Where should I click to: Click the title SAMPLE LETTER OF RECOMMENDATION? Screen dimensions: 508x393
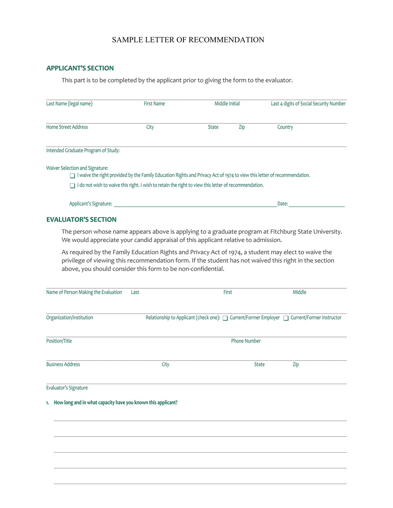coord(188,40)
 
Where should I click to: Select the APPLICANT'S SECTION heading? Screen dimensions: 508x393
coord(80,68)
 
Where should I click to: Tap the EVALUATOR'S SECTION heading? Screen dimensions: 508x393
coord(81,219)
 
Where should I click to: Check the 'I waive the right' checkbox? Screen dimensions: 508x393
coord(72,176)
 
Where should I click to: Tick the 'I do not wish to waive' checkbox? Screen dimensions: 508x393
coord(72,186)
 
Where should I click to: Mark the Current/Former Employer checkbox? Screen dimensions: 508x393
coord(225,318)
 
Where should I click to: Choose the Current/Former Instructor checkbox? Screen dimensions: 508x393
coord(286,318)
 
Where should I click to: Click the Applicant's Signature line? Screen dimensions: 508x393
coord(195,204)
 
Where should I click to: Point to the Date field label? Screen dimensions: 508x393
coord(283,204)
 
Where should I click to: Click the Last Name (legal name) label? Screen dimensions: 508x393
coord(69,104)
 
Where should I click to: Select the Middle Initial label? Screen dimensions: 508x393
coord(227,104)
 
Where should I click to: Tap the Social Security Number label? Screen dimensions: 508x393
coord(308,104)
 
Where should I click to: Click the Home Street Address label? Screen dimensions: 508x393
coord(67,127)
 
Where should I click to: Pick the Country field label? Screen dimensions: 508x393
coord(285,127)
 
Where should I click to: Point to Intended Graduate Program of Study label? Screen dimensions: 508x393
coord(83,151)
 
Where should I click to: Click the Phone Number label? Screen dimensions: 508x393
coord(246,341)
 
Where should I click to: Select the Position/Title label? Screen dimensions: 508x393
coord(59,341)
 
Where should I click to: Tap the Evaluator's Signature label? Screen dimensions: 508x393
coord(67,388)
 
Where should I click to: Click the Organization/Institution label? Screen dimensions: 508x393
coord(69,317)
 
